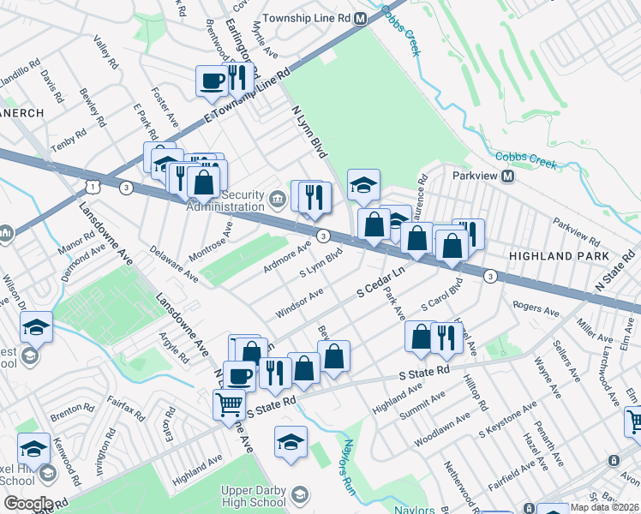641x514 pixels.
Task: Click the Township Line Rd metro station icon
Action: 360,18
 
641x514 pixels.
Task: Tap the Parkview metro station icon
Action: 507,176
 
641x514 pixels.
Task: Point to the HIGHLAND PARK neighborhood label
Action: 558,256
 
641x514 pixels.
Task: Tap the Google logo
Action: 27,504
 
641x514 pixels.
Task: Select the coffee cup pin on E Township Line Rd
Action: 212,81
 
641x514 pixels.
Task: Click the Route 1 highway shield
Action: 90,186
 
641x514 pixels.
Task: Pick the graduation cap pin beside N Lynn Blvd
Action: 363,184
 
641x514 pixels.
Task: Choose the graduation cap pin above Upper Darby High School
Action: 291,442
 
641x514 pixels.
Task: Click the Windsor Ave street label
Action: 299,304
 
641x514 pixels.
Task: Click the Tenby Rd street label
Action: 68,141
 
